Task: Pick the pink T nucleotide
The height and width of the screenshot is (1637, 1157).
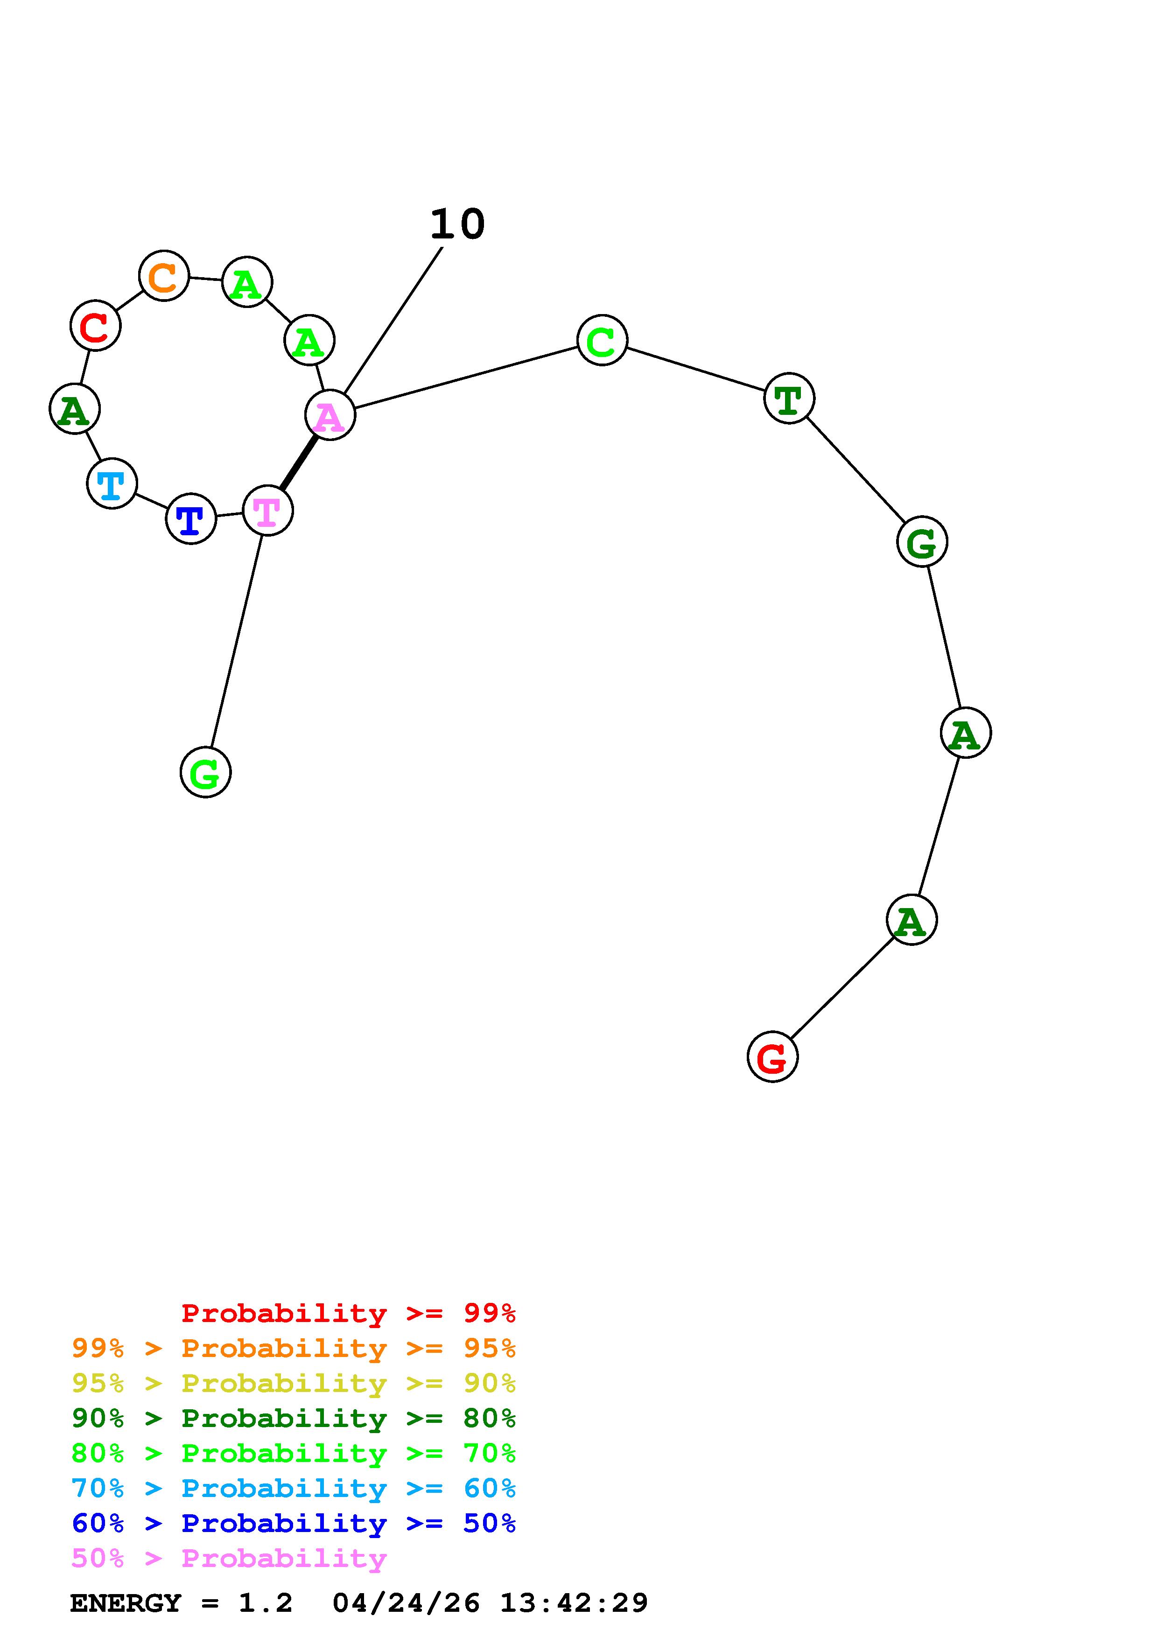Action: (268, 511)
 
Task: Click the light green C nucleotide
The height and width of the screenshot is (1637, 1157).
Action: (603, 340)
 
